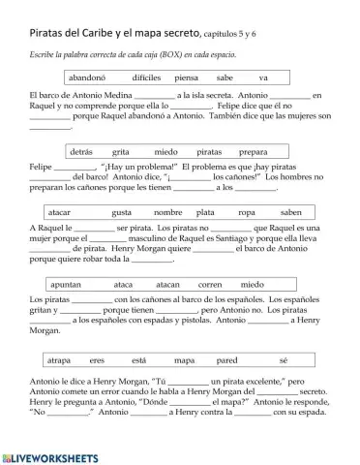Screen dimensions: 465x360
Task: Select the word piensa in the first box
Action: (x=186, y=77)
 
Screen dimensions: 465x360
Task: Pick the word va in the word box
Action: (x=263, y=77)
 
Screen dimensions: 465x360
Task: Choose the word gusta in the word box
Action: (x=122, y=212)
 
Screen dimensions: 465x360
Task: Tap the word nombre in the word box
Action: (x=167, y=212)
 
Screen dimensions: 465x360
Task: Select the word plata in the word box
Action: (x=205, y=212)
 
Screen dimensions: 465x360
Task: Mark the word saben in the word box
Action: (x=290, y=212)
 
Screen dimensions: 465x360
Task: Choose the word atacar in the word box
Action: (x=59, y=212)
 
